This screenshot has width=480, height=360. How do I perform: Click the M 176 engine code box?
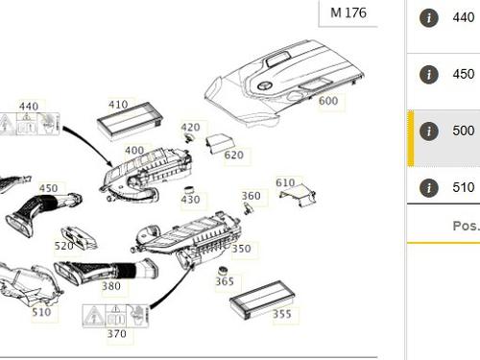348,13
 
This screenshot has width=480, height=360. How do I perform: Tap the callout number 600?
328,101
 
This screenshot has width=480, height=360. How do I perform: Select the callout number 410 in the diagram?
118,104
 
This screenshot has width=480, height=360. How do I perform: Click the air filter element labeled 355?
262,300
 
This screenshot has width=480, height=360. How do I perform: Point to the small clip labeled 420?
189,138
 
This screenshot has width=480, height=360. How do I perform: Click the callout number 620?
234,155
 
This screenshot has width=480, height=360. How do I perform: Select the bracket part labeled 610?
298,196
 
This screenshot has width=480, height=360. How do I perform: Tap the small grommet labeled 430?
189,189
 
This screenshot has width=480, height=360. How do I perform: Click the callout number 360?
251,196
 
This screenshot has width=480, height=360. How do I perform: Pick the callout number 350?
241,249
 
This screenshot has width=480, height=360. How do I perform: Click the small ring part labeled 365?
223,271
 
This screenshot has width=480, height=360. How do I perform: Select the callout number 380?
111,286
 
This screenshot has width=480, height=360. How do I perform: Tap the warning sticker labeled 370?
115,316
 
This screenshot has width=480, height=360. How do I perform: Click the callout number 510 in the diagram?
41,312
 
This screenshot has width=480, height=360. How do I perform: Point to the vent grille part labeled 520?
79,238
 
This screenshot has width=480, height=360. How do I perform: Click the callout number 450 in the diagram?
49,188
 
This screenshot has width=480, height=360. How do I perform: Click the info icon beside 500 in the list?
429,131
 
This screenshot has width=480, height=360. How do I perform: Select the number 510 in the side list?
464,187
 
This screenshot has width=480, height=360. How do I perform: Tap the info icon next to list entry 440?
429,17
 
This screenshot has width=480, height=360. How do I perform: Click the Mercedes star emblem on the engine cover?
265,85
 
